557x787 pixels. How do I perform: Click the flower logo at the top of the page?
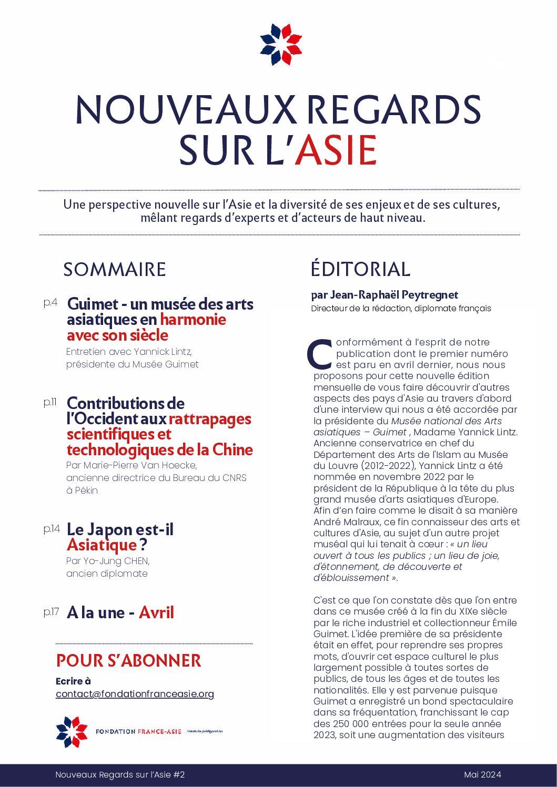point(281,45)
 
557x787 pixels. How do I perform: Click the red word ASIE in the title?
point(336,150)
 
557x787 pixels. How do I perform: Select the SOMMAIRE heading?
point(115,269)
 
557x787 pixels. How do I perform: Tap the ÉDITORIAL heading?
point(360,269)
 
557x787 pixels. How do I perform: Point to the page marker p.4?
point(50,302)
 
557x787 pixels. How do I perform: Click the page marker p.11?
point(50,402)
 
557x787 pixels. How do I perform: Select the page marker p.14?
point(52,528)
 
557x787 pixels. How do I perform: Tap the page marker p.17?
point(51,611)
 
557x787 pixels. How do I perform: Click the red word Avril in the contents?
point(156,612)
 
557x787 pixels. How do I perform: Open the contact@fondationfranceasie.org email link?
point(135,694)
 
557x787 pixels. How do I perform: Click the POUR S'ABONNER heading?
point(129,661)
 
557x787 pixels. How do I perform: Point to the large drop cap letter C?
point(319,354)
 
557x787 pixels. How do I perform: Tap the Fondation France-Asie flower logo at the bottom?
point(72,731)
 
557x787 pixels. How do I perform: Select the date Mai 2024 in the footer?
point(482,774)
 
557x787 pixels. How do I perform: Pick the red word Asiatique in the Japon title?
point(102,545)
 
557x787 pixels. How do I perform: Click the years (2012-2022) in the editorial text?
point(387,466)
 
